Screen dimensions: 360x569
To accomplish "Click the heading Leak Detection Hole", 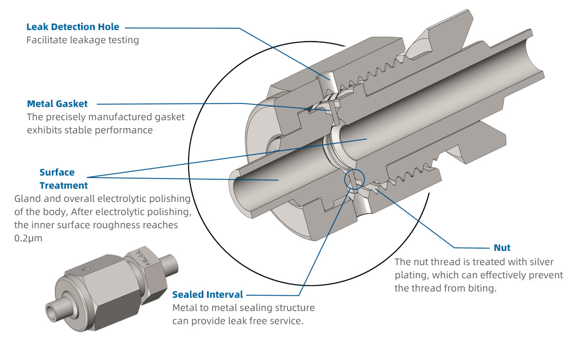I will click(73, 26).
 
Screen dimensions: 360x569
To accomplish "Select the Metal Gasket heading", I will click(57, 103).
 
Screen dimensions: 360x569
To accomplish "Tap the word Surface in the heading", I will click(57, 172).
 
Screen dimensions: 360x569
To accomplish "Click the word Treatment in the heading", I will click(64, 186).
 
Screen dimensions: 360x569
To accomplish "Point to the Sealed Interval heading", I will click(208, 294).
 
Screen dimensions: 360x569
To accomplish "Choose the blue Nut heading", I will click(502, 247).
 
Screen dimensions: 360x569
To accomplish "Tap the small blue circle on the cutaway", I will click(354, 180).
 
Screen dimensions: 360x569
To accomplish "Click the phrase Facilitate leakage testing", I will click(83, 40).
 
